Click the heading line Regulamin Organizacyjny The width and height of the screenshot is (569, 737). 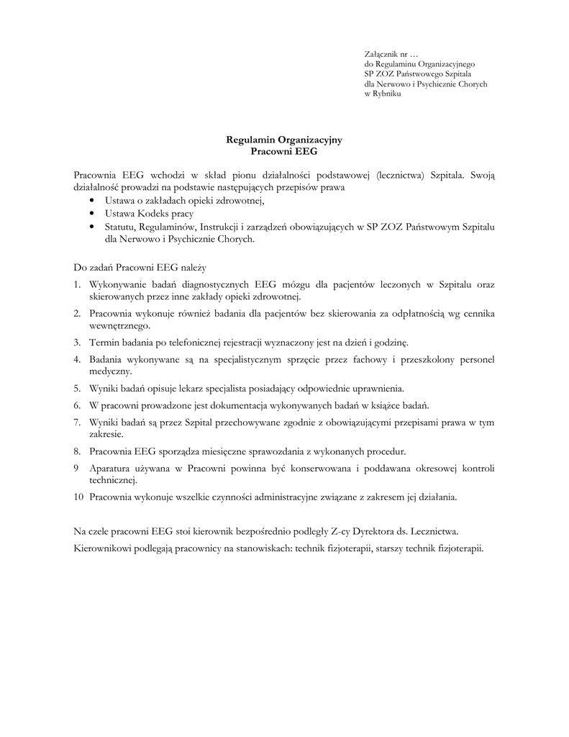(x=284, y=141)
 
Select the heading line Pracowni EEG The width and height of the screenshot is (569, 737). (x=284, y=152)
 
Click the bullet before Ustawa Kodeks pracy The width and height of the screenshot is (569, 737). (x=93, y=214)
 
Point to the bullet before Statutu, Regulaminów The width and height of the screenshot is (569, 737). (x=93, y=227)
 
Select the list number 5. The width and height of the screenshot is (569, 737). (x=77, y=388)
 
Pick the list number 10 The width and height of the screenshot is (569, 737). (x=78, y=497)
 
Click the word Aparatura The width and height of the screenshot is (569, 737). (x=111, y=469)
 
